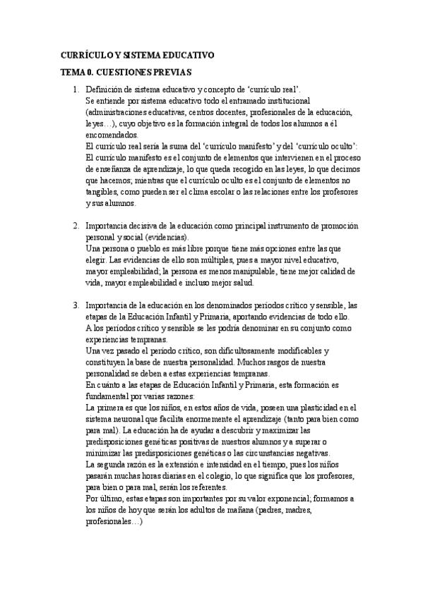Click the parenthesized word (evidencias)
pyautogui.click(x=165, y=237)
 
